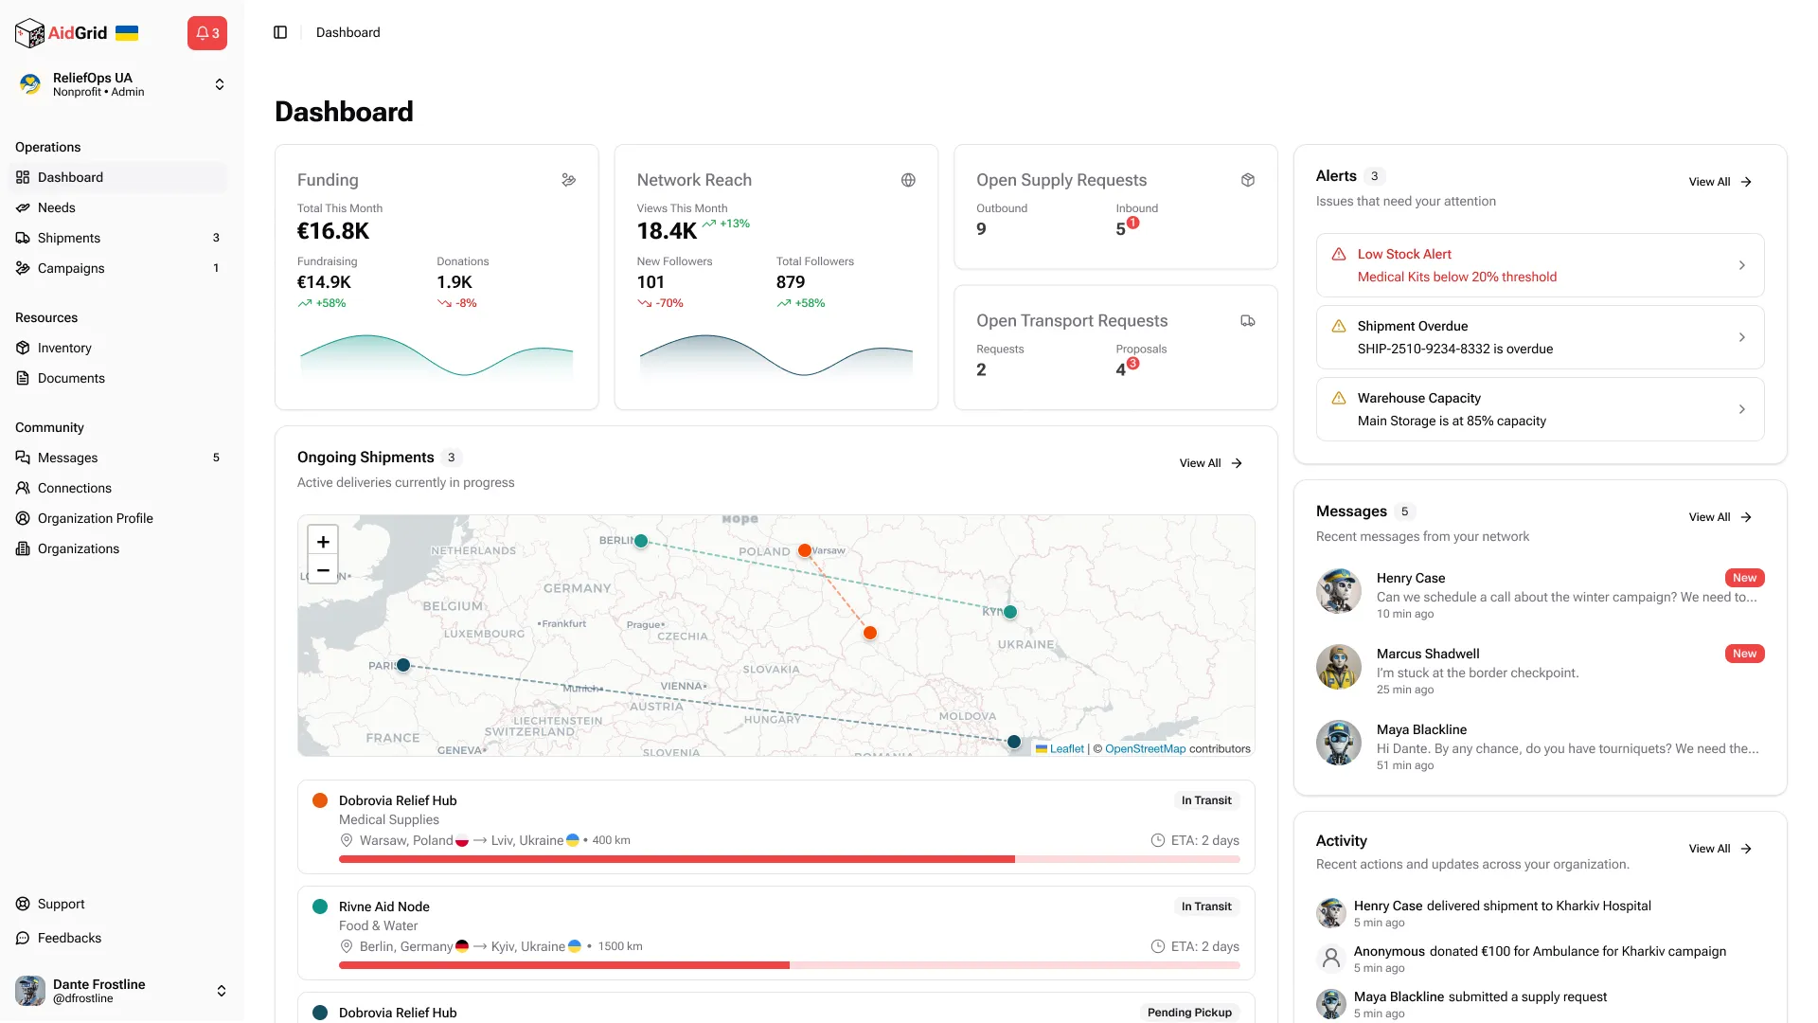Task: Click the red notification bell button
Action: [x=206, y=33]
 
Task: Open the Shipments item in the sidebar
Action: [x=68, y=238]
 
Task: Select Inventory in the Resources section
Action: [x=64, y=348]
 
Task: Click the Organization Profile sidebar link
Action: [x=95, y=518]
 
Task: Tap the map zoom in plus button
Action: [x=323, y=541]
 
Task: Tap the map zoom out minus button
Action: [x=323, y=570]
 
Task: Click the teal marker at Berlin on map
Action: [x=641, y=541]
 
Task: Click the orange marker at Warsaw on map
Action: [x=804, y=550]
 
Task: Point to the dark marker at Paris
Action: [x=403, y=665]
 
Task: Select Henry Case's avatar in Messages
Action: [x=1338, y=591]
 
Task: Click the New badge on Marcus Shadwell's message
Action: [x=1744, y=654]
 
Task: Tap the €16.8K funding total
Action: [x=333, y=231]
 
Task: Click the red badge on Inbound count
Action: [x=1133, y=223]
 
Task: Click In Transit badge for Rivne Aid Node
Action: [x=1205, y=906]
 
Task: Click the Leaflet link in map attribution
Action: [x=1066, y=748]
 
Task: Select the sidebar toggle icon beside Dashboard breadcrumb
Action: [x=280, y=32]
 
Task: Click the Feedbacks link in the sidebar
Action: [x=69, y=938]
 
